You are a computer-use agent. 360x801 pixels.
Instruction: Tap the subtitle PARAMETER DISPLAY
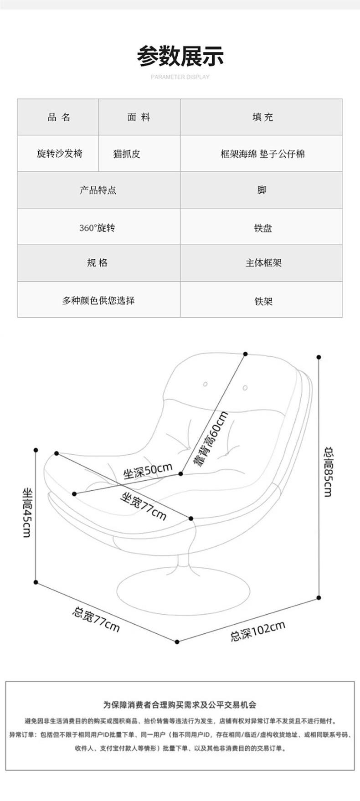pyautogui.click(x=180, y=77)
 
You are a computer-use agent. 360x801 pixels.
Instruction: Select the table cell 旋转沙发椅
pyautogui.click(x=59, y=154)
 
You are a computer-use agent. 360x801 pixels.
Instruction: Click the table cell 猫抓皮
pyautogui.click(x=126, y=154)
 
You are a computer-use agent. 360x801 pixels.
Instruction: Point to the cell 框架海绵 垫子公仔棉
pyautogui.click(x=262, y=154)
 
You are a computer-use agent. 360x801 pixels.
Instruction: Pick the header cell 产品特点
pyautogui.click(x=98, y=190)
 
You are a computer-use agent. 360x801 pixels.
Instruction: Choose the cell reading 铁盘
pyautogui.click(x=263, y=228)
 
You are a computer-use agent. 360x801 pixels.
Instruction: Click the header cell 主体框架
pyautogui.click(x=263, y=263)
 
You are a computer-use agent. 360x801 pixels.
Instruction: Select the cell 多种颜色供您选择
pyautogui.click(x=98, y=301)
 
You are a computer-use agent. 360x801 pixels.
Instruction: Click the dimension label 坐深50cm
pyautogui.click(x=148, y=471)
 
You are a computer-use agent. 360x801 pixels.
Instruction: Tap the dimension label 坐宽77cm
pyautogui.click(x=143, y=506)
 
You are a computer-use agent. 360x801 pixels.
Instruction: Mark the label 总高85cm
pyautogui.click(x=328, y=472)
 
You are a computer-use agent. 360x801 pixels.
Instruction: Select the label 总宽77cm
pyautogui.click(x=96, y=619)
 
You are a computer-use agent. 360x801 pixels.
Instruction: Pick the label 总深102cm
pyautogui.click(x=257, y=631)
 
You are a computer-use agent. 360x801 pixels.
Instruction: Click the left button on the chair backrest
pyautogui.click(x=205, y=384)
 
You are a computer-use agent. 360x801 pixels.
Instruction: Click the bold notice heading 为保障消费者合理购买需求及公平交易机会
pyautogui.click(x=180, y=705)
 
